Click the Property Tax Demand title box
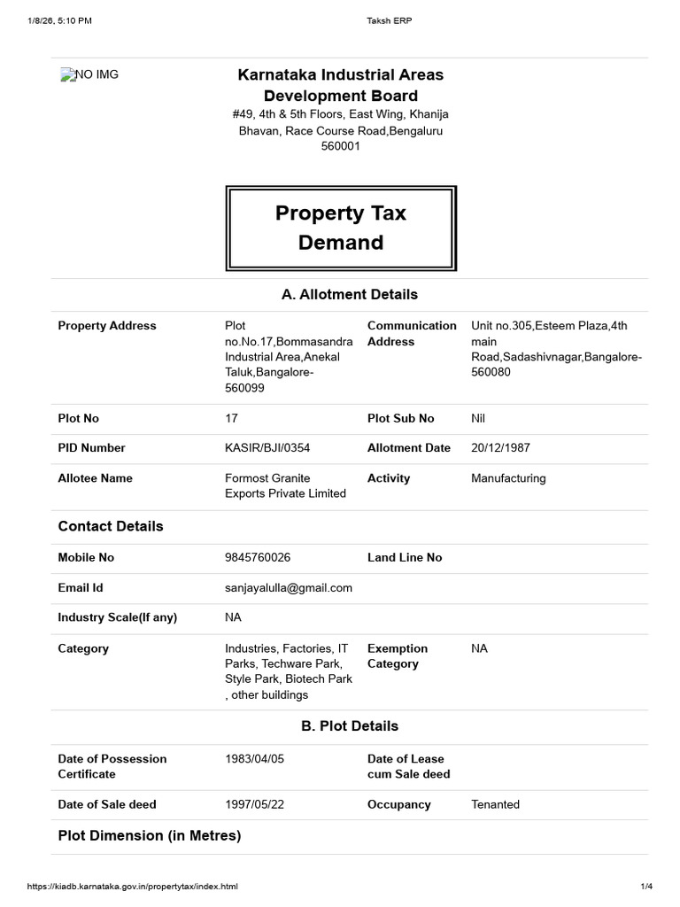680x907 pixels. click(341, 228)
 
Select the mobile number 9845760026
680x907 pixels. click(258, 558)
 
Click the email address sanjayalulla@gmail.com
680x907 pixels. click(289, 588)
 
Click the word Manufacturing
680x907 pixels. click(508, 478)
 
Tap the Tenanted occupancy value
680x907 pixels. click(495, 805)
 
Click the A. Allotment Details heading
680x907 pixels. click(349, 294)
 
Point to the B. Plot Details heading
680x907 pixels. click(349, 726)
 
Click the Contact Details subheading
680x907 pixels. click(111, 526)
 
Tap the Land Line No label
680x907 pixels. click(404, 558)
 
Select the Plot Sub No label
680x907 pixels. click(400, 418)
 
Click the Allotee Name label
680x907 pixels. click(95, 478)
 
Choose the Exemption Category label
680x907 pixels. click(398, 656)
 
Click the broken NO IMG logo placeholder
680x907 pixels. click(89, 75)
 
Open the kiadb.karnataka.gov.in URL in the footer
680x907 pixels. click(133, 887)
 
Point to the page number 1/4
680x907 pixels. click(645, 887)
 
